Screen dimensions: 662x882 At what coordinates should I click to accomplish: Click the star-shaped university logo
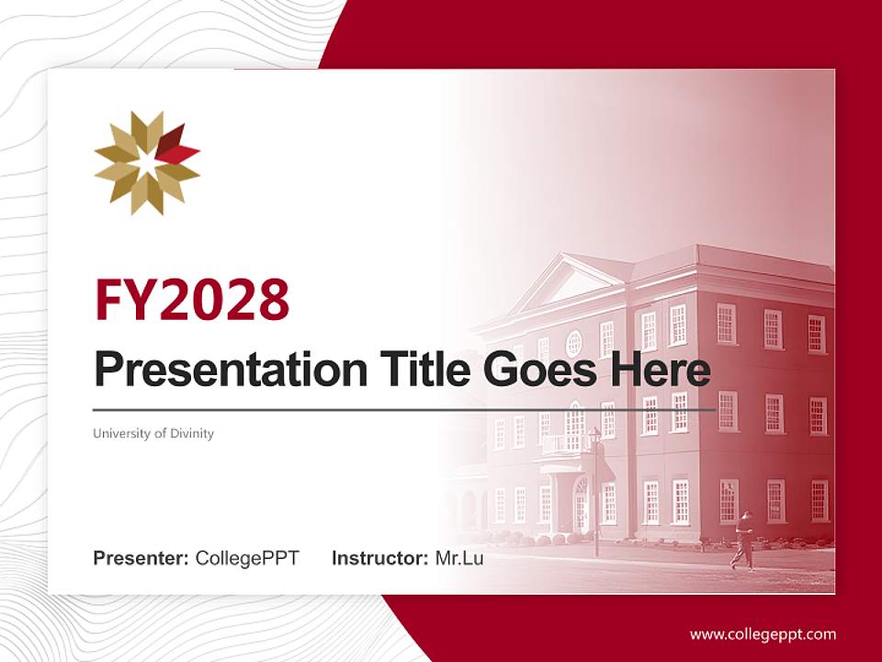147,163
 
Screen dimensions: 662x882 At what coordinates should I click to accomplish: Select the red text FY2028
192,299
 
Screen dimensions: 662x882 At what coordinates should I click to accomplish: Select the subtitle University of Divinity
153,433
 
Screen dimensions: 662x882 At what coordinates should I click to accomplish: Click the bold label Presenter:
141,558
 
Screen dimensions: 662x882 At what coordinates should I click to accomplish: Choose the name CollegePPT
247,558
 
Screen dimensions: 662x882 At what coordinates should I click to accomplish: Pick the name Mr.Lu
458,558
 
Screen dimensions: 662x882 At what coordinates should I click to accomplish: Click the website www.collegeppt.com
763,633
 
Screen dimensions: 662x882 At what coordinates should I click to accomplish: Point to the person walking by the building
743,541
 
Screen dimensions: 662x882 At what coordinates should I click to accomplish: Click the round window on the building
573,343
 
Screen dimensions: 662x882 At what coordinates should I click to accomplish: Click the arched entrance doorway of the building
581,503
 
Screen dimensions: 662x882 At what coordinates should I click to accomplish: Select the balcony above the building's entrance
564,445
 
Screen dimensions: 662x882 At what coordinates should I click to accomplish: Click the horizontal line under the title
404,410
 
